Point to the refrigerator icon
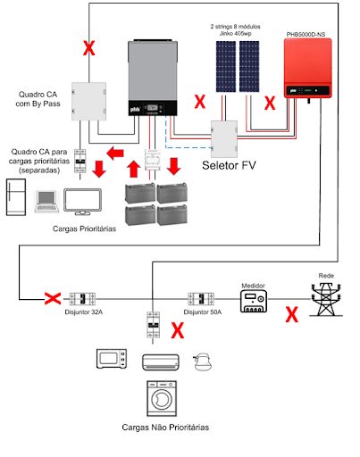coord(17,199)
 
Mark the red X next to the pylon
coord(290,313)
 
